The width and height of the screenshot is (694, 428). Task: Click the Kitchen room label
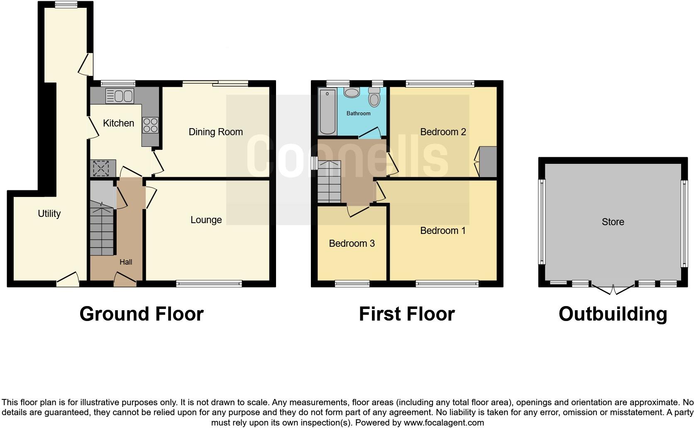[x=118, y=123]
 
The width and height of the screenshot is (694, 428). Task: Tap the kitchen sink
[x=120, y=96]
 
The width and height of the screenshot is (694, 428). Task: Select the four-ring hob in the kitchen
[x=150, y=125]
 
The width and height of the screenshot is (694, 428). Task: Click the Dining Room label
[x=215, y=132]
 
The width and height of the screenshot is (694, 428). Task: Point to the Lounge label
[x=206, y=220]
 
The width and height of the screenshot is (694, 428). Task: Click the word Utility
[x=49, y=214]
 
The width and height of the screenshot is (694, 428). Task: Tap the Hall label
[x=126, y=262]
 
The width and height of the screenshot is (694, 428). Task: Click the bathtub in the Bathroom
[x=327, y=111]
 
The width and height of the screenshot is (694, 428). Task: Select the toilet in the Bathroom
[x=374, y=98]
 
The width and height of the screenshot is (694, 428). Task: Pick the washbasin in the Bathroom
[x=352, y=92]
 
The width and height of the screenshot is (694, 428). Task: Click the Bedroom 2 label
[x=443, y=132]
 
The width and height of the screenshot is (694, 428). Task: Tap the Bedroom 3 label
[x=352, y=243]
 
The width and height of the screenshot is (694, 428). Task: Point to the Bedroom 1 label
[x=443, y=231]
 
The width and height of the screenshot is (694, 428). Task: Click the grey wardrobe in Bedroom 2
[x=488, y=162]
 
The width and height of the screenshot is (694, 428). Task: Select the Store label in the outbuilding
[x=613, y=222]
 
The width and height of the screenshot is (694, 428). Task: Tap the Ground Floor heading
[x=141, y=314]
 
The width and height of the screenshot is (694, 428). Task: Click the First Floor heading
[x=406, y=314]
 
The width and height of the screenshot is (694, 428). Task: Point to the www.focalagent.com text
[x=443, y=423]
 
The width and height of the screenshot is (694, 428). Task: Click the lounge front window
[x=209, y=284]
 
